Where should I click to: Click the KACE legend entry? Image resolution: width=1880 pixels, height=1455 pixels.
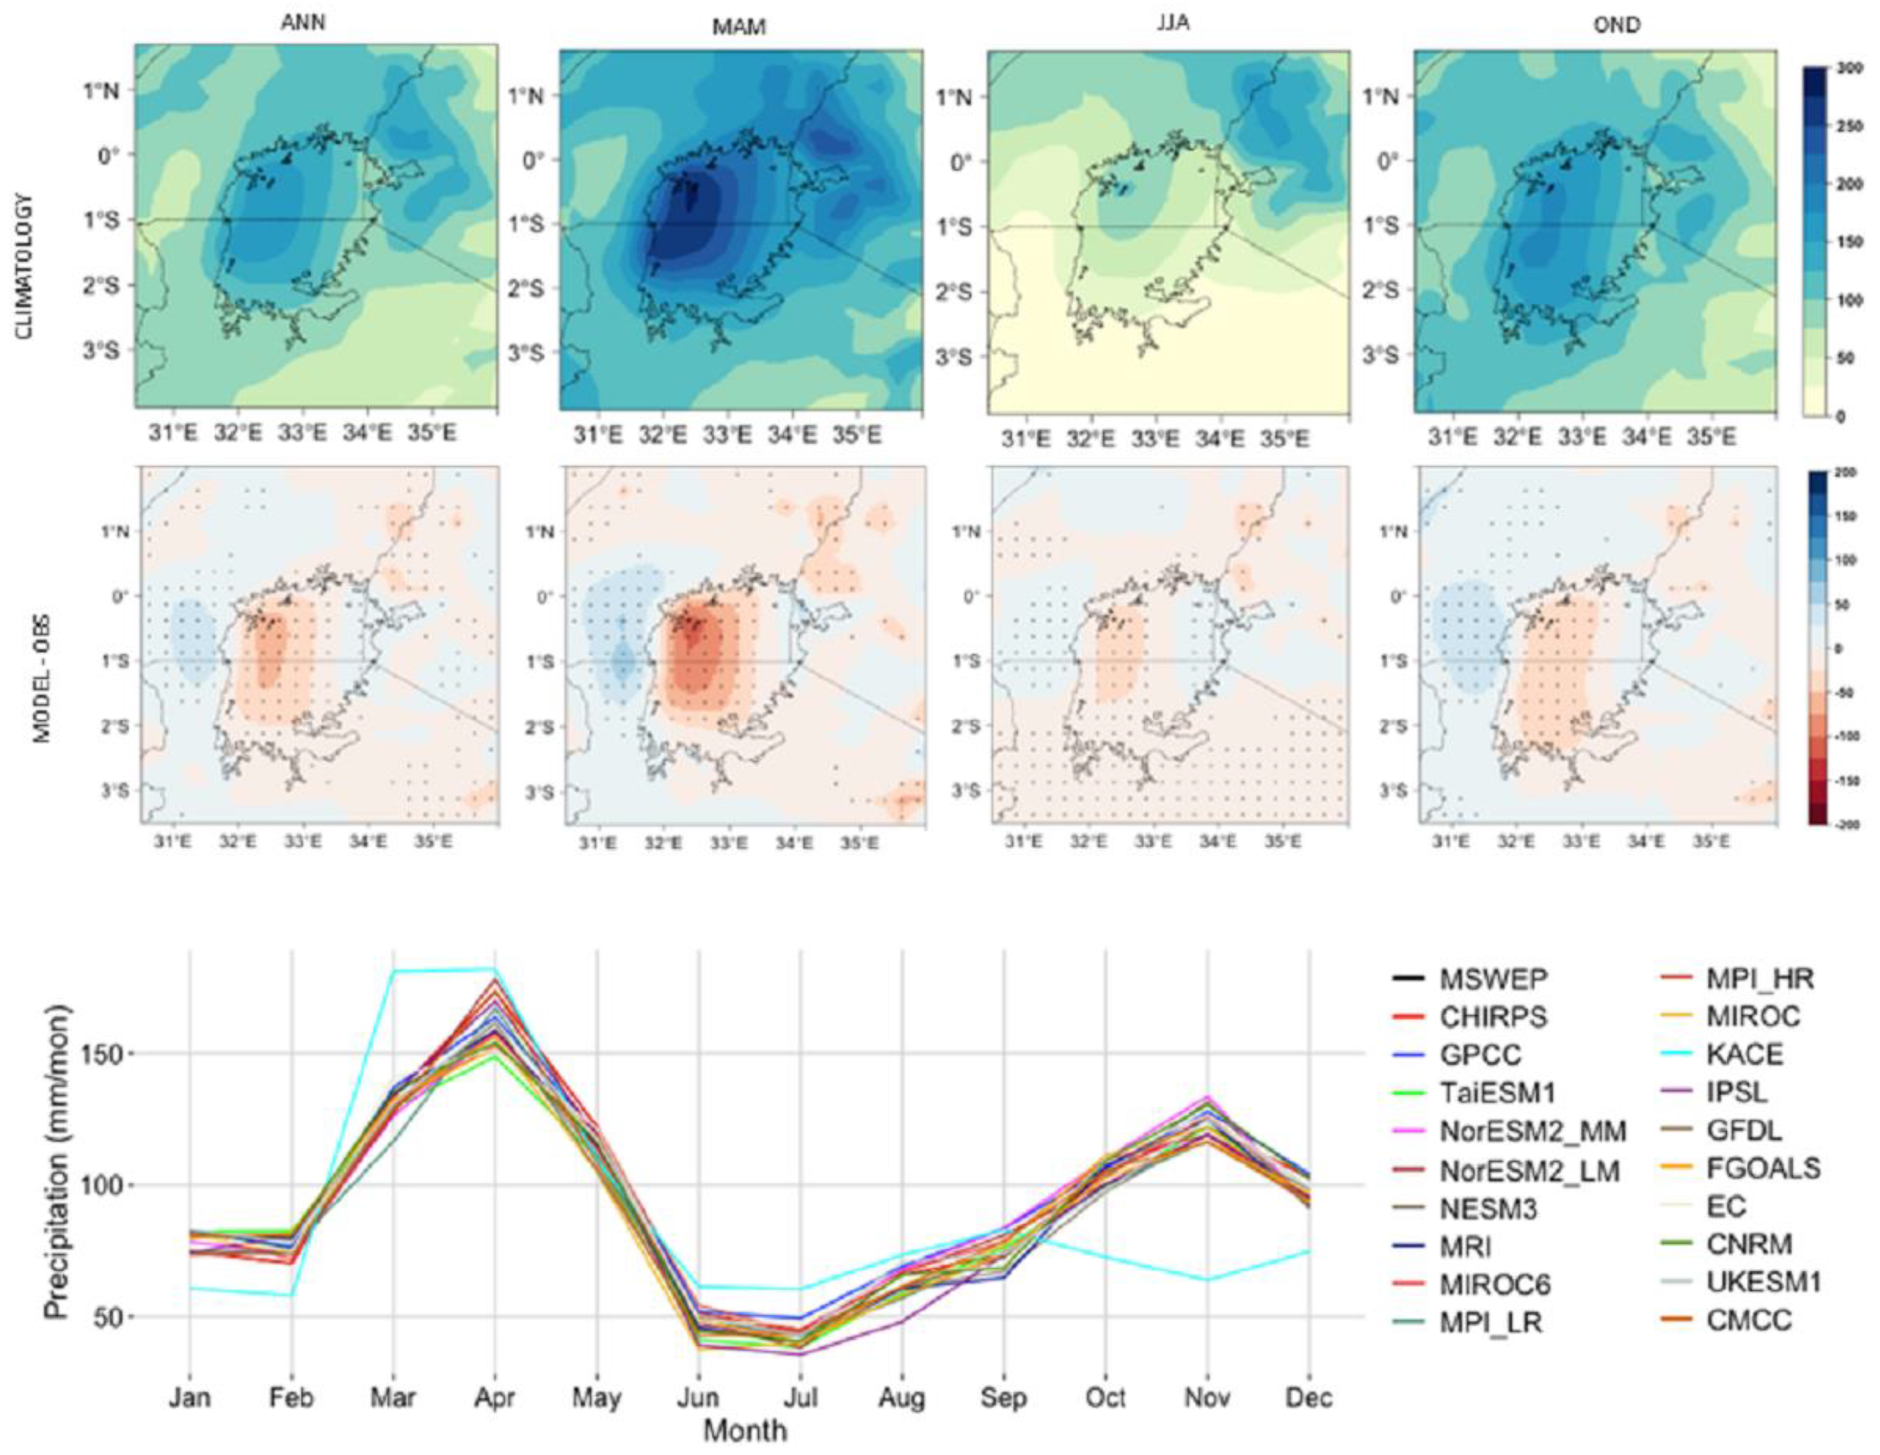[x=1744, y=1054]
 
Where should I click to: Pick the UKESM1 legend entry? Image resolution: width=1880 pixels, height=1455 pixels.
[x=1763, y=1282]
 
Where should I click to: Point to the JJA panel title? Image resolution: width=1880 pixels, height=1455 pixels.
[x=1172, y=23]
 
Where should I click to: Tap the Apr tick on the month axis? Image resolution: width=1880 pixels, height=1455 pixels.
[x=494, y=1398]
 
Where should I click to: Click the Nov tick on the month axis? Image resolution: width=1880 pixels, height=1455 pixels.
[x=1207, y=1398]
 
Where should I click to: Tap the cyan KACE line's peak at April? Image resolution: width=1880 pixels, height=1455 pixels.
[x=494, y=969]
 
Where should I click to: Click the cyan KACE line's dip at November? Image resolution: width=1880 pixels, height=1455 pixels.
[x=1207, y=1279]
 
